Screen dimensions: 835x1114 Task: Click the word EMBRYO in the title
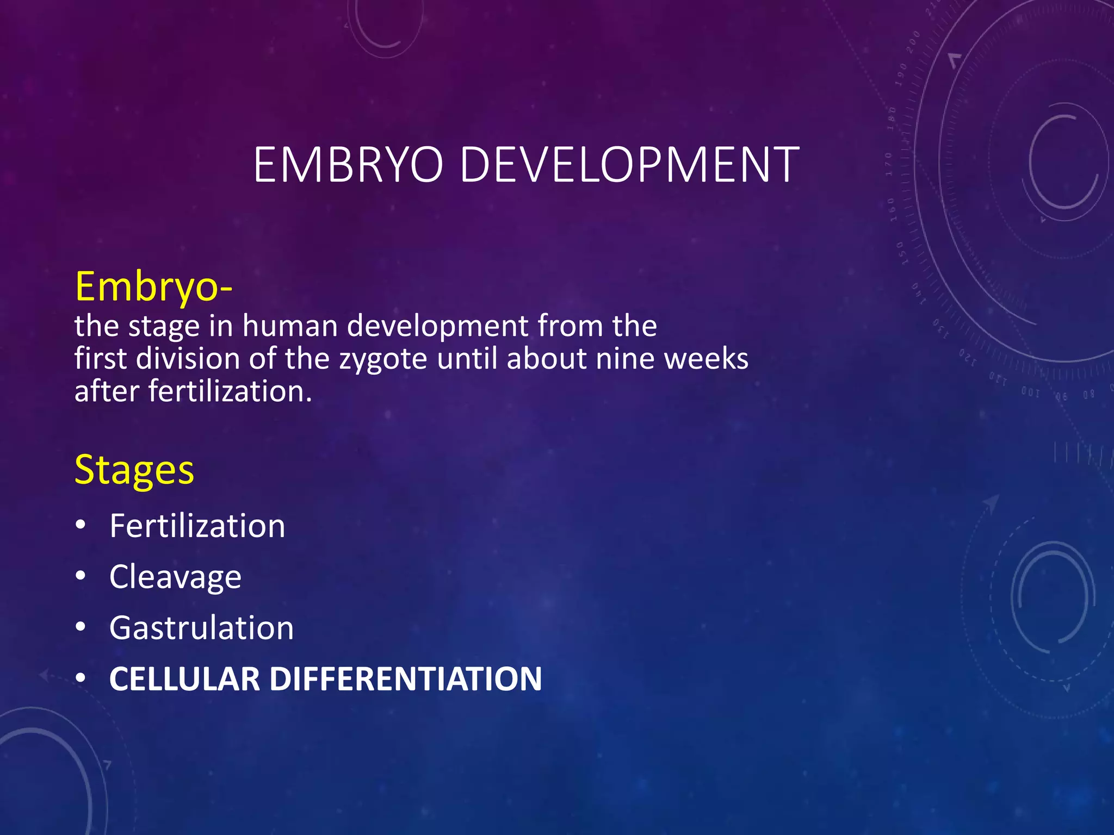point(348,165)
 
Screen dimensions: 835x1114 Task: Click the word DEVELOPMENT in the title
point(629,165)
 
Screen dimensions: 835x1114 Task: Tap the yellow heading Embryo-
point(154,286)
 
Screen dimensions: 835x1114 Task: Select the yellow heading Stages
point(134,470)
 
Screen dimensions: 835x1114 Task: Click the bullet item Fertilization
point(197,526)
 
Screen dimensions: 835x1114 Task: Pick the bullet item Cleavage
point(175,577)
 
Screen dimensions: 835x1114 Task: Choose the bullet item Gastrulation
point(201,628)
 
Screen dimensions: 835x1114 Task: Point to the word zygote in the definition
point(383,359)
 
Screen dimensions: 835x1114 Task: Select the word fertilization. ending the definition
point(231,391)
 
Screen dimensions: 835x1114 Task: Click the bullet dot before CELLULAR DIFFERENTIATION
point(81,679)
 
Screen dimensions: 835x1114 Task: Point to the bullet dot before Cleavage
point(81,577)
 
